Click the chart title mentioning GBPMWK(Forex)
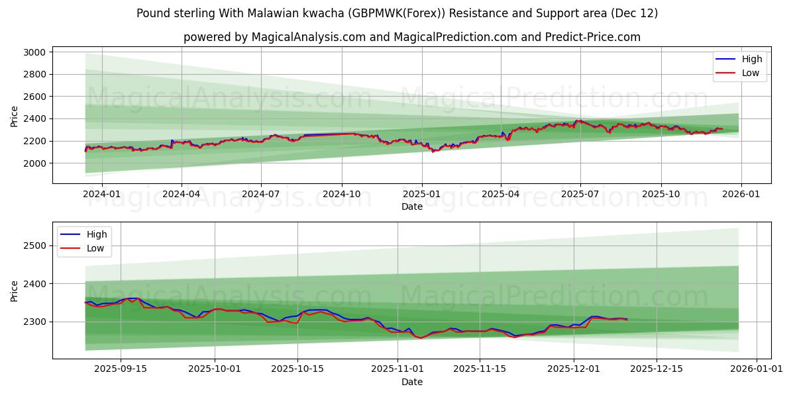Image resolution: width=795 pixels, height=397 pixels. tap(397, 13)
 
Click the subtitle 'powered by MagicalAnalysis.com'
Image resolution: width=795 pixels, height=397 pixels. tap(274, 37)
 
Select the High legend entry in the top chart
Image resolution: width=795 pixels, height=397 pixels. tap(751, 59)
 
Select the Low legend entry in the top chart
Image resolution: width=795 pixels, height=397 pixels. tap(750, 73)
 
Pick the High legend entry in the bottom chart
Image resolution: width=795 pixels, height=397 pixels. tap(96, 234)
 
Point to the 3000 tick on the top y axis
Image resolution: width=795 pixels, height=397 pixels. tap(34, 52)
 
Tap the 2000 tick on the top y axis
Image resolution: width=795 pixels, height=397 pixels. tap(34, 163)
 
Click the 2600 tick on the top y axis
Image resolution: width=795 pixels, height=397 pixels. tap(34, 97)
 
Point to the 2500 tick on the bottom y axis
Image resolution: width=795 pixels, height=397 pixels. tap(34, 245)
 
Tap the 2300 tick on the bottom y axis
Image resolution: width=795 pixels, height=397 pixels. tap(34, 322)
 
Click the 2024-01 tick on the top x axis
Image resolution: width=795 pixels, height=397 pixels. tap(101, 194)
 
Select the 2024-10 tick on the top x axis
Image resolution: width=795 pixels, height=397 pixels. tap(342, 194)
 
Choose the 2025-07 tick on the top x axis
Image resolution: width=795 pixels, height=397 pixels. tap(580, 194)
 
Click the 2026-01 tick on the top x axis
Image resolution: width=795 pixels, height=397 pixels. tap(741, 194)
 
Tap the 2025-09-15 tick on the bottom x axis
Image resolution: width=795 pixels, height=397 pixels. tap(121, 369)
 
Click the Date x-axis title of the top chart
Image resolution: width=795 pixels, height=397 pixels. tap(411, 206)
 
